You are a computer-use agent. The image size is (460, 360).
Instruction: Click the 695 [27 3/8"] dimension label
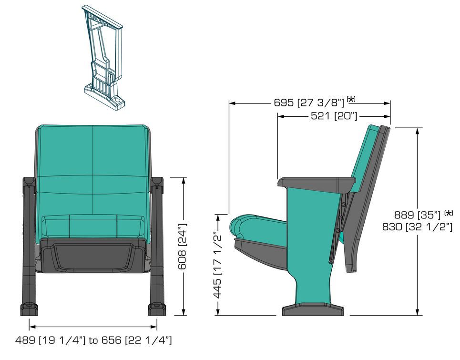pyautogui.click(x=309, y=103)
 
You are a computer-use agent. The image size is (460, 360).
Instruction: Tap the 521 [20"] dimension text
pyautogui.click(x=334, y=116)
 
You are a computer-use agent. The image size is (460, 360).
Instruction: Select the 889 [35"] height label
pyautogui.click(x=417, y=215)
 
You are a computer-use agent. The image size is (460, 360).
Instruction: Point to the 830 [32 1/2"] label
pyautogui.click(x=417, y=227)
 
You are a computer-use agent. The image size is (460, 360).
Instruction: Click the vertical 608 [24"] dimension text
pyautogui.click(x=183, y=247)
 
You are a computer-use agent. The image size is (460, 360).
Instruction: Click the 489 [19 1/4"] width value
pyautogui.click(x=51, y=340)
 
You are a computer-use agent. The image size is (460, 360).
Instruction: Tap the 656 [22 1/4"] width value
pyautogui.click(x=137, y=340)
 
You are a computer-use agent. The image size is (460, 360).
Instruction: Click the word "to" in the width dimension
pyautogui.click(x=93, y=340)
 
